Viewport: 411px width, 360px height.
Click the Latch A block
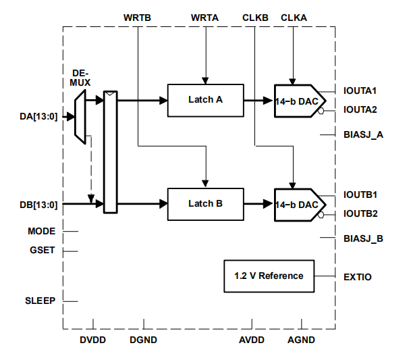point(205,100)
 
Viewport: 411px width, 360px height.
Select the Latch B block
point(205,203)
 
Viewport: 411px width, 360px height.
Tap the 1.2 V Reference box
point(269,276)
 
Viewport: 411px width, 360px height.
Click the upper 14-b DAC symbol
point(296,101)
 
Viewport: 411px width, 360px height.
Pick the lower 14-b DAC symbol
point(296,204)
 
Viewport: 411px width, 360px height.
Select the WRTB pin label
point(138,16)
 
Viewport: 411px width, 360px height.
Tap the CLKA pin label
point(294,16)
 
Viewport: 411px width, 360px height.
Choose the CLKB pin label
point(255,16)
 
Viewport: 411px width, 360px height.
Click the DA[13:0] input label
point(39,116)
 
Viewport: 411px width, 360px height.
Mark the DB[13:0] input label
point(39,204)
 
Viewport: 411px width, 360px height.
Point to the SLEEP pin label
point(40,301)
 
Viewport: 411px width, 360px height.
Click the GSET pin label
point(42,251)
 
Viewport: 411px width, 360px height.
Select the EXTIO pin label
point(358,276)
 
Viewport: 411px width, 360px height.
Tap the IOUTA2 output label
point(360,109)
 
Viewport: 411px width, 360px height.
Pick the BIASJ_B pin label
point(363,238)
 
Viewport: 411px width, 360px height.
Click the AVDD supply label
point(252,340)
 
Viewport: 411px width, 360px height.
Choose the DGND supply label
point(143,340)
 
